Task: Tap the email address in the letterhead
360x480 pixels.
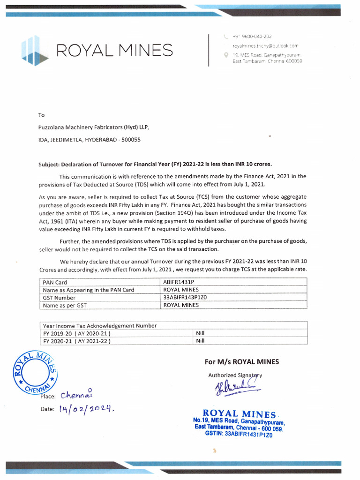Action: (x=265, y=46)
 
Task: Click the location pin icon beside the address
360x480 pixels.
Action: (x=226, y=55)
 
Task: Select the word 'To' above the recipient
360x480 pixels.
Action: (x=41, y=115)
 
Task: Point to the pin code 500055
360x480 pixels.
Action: (x=131, y=140)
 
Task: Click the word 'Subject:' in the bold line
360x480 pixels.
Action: (x=49, y=164)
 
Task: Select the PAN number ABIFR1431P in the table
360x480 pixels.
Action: (x=178, y=283)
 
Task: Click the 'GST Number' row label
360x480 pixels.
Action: (x=59, y=298)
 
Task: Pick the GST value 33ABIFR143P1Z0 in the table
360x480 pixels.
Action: (x=185, y=298)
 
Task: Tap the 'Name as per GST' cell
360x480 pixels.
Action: (x=65, y=305)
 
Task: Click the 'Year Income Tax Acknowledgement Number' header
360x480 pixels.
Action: (x=100, y=326)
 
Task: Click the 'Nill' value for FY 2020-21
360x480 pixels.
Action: (x=201, y=341)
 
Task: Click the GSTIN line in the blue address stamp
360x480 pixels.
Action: (x=239, y=434)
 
